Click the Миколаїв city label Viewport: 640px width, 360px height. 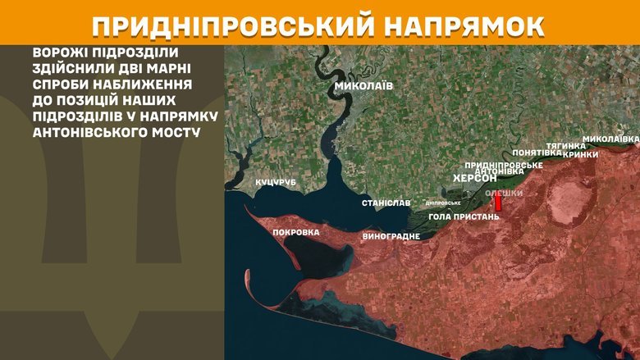[363, 85]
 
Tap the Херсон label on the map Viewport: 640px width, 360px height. [475, 178]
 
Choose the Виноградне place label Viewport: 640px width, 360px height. [391, 236]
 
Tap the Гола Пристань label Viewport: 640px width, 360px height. [464, 216]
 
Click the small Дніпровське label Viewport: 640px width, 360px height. [443, 203]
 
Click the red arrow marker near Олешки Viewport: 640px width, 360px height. [497, 202]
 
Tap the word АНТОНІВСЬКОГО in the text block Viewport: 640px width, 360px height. [75, 133]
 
